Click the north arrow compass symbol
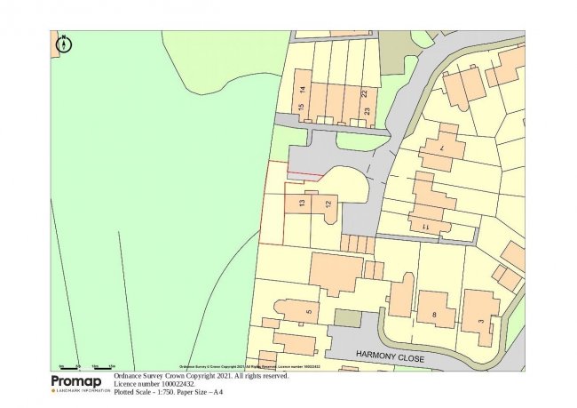(x=64, y=42)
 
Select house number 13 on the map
(x=302, y=204)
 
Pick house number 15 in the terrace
(x=303, y=109)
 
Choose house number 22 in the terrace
(x=365, y=92)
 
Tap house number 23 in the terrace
(x=366, y=112)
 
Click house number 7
(x=441, y=148)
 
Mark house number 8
(x=434, y=315)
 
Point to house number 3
(x=480, y=320)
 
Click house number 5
(x=308, y=312)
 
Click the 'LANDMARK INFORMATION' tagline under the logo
(x=83, y=391)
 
